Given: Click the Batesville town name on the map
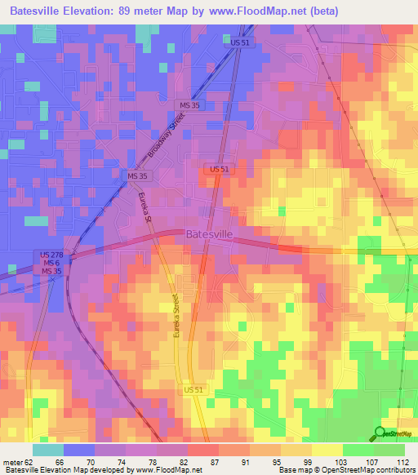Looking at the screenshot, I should click(x=210, y=234).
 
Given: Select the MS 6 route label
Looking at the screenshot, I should click(x=52, y=262).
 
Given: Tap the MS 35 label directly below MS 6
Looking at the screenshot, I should click(x=52, y=270).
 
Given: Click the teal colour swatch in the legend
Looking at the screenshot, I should click(x=48, y=450).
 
